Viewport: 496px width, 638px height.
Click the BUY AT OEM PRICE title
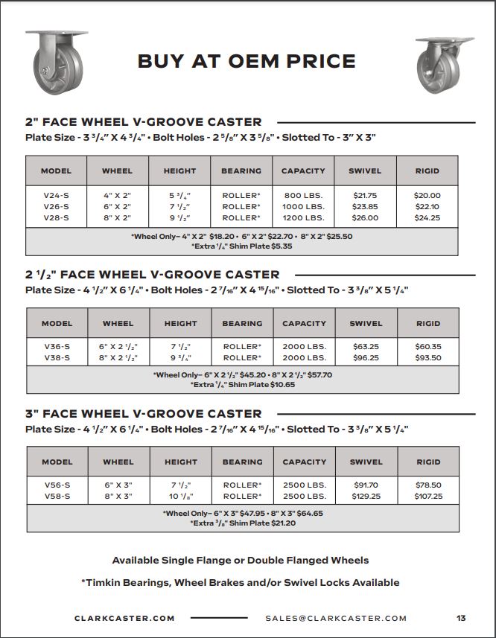point(247,61)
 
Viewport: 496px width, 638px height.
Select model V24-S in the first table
point(57,195)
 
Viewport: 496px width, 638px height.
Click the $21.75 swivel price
point(365,195)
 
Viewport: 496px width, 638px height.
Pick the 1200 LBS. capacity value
point(303,218)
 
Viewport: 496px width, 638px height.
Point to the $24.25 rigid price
point(427,218)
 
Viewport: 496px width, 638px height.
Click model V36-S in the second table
point(57,346)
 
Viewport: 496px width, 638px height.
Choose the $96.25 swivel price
point(365,358)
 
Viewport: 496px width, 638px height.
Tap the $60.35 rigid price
point(427,346)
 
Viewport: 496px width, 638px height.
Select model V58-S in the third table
point(57,497)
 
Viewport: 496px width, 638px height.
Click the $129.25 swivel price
point(365,497)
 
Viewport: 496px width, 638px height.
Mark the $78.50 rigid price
point(427,485)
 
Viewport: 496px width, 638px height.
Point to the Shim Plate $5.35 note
point(242,246)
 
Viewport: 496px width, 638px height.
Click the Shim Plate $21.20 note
point(242,523)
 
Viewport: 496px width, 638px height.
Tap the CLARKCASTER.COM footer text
point(124,618)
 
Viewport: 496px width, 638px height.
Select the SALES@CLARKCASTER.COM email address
point(336,618)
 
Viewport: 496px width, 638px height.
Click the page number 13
point(461,618)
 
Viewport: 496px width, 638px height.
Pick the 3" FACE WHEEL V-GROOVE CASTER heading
point(143,414)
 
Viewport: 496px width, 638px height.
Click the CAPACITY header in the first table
point(303,171)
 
